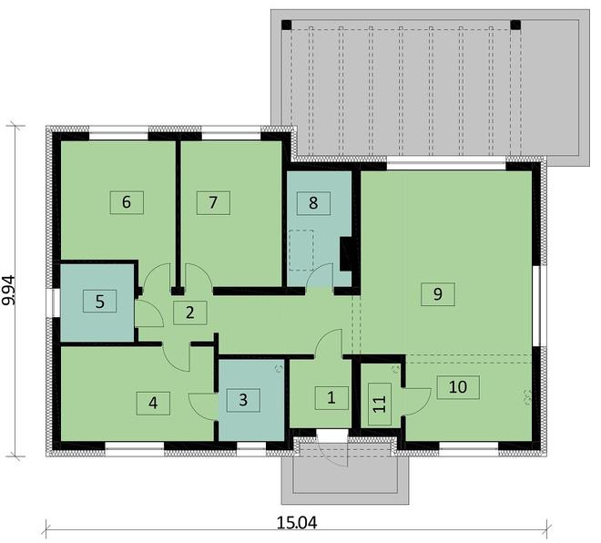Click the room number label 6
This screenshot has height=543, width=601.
(127, 202)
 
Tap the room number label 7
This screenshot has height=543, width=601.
(213, 203)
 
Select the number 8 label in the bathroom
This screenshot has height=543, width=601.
(313, 203)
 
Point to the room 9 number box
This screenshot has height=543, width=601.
(438, 294)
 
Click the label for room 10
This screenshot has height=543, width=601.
(458, 387)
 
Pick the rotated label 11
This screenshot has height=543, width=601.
(380, 404)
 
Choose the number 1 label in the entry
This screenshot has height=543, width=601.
(331, 397)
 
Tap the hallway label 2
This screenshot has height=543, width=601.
(190, 312)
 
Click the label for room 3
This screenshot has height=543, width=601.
(243, 400)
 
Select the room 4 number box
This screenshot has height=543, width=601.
(153, 403)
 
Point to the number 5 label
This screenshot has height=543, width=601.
(99, 302)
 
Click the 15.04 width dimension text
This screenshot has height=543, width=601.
(297, 523)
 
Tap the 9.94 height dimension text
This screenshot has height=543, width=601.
(8, 290)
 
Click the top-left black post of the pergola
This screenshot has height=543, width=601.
(286, 25)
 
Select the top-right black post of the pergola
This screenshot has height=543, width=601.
(516, 25)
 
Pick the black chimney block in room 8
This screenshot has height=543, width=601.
(346, 254)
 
